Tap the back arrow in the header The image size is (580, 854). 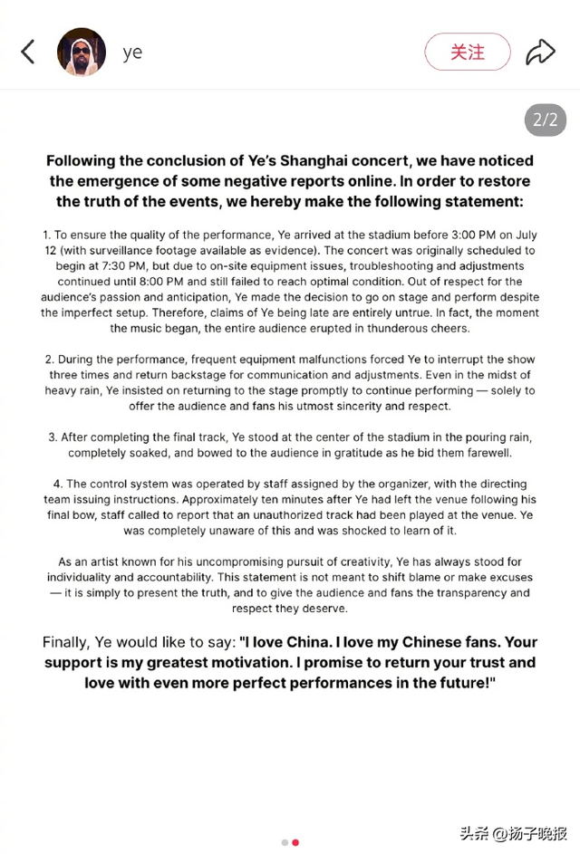pos(28,52)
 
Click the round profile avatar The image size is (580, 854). pos(82,52)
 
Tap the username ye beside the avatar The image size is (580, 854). pos(132,53)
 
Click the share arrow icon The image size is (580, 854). pos(540,52)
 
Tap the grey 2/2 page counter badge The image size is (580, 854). pos(545,120)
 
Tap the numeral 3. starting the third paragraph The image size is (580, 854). pos(53,437)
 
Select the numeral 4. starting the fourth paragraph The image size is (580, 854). pos(58,484)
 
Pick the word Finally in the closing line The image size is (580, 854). pos(74,642)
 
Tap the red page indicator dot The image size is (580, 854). pos(295,842)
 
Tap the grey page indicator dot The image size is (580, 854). pos(285,842)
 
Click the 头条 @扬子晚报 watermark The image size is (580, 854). pos(512,831)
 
